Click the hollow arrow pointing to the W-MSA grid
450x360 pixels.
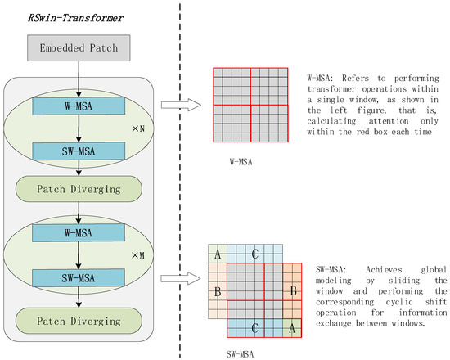[180, 104]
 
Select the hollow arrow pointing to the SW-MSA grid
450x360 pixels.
[180, 281]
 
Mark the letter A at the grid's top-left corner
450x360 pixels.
[217, 254]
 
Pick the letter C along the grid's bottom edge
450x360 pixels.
[255, 327]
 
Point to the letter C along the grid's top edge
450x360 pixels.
[255, 254]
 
